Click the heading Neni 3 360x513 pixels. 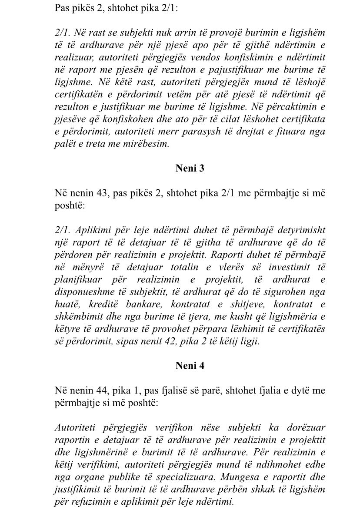click(x=190, y=169)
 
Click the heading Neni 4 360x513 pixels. click(x=190, y=365)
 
